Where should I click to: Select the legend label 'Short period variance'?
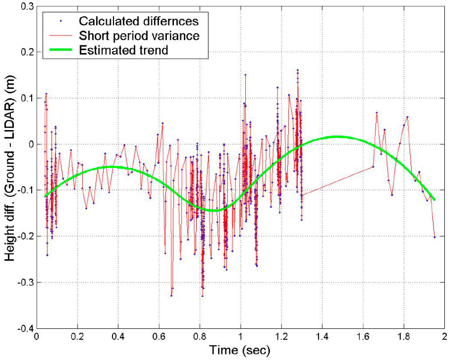click(139, 35)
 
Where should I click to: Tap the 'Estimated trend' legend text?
click(123, 50)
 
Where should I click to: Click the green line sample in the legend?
click(61, 50)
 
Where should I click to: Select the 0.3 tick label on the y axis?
click(25, 6)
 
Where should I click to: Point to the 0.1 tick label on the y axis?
click(25, 98)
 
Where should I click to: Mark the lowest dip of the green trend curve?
click(214, 210)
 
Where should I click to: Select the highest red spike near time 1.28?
click(297, 70)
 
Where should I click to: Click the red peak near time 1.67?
click(377, 113)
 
